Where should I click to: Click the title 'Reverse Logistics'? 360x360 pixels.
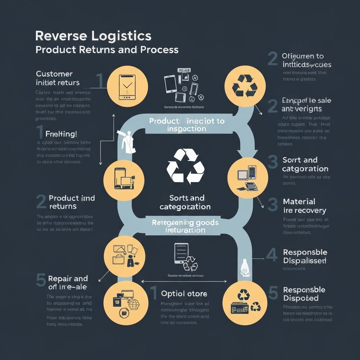tap(93, 36)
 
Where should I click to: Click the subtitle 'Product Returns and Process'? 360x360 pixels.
tap(107, 50)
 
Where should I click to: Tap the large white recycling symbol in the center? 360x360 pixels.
tap(183, 166)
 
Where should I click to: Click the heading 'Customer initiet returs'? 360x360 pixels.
tap(58, 78)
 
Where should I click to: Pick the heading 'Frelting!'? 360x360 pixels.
tap(61, 134)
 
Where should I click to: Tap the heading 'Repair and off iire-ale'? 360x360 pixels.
tap(67, 283)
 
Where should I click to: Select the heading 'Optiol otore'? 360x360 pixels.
tap(184, 294)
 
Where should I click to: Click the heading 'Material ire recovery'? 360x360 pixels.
tap(304, 206)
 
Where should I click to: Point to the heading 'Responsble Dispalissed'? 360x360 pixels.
tap(305, 257)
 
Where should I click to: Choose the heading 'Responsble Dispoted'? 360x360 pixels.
tap(304, 294)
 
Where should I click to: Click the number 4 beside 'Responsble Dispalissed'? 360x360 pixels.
tap(271, 256)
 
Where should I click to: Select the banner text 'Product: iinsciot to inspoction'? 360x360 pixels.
tap(187, 125)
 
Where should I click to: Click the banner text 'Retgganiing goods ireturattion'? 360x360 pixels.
tap(185, 226)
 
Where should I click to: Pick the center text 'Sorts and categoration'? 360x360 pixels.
tap(185, 202)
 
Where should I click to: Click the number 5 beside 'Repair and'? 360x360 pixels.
tap(41, 280)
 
